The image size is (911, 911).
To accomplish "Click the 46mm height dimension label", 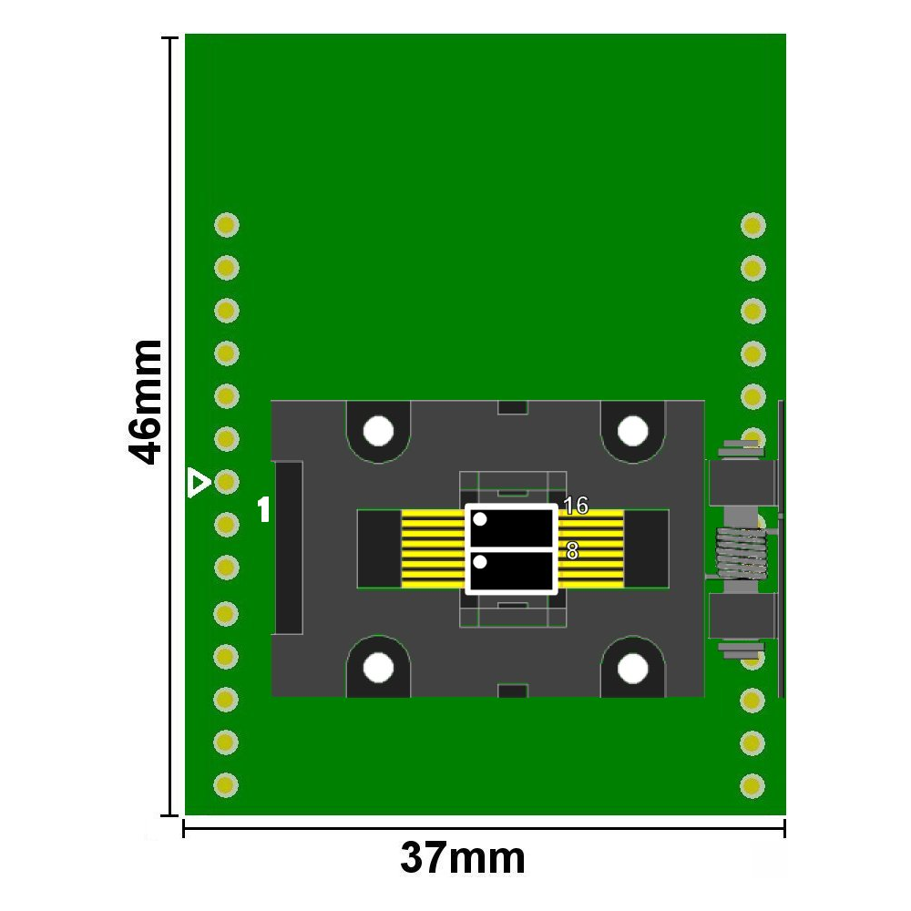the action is coord(145,402).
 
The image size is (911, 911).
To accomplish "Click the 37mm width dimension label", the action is coord(463,858).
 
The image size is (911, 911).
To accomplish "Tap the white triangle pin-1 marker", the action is coord(198,483).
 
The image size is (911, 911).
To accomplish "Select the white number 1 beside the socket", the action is coord(264,509).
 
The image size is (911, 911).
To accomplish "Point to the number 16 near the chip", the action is coord(576,506).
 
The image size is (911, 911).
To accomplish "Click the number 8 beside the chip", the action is coord(572,551).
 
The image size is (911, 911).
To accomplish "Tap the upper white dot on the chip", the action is coord(480,519).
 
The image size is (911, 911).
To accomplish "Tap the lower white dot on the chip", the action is coord(480,562).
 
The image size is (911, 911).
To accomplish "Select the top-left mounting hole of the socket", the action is coord(378,431).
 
